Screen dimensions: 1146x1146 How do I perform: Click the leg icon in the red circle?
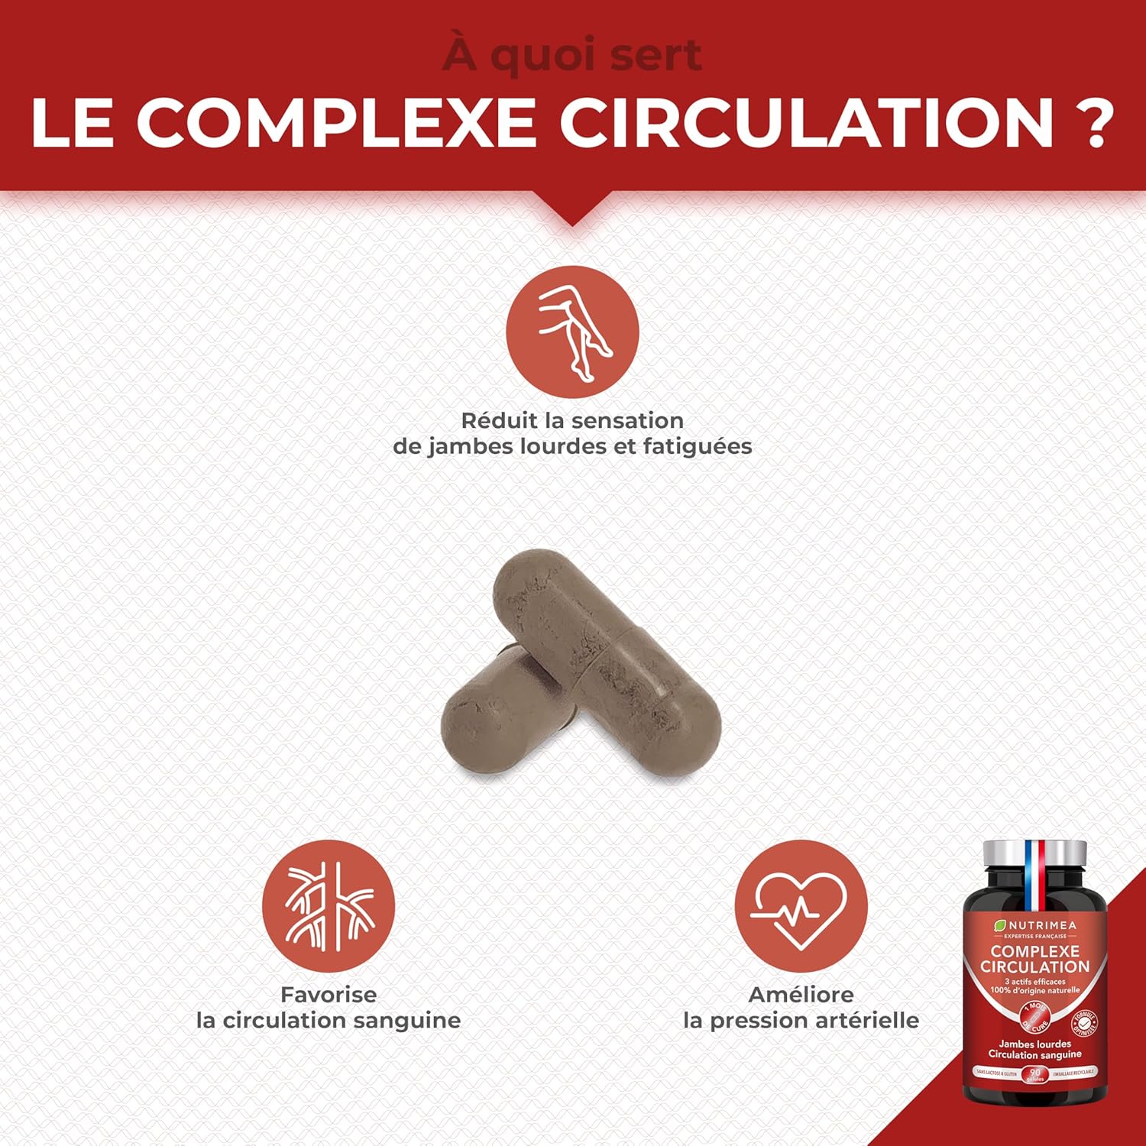(x=573, y=332)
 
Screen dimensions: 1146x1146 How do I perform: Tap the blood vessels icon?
(x=329, y=906)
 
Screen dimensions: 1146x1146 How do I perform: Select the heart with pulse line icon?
(x=801, y=906)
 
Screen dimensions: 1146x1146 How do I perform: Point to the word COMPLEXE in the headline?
(x=336, y=122)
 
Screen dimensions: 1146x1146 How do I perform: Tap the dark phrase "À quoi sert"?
(x=572, y=55)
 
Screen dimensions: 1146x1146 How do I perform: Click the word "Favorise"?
(x=329, y=995)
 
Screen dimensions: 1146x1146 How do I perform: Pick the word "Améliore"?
(x=801, y=995)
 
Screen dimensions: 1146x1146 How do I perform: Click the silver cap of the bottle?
(x=1034, y=854)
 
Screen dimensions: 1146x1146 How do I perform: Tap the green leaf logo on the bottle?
(x=999, y=925)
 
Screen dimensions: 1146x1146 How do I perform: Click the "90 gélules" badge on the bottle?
(x=1034, y=1073)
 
